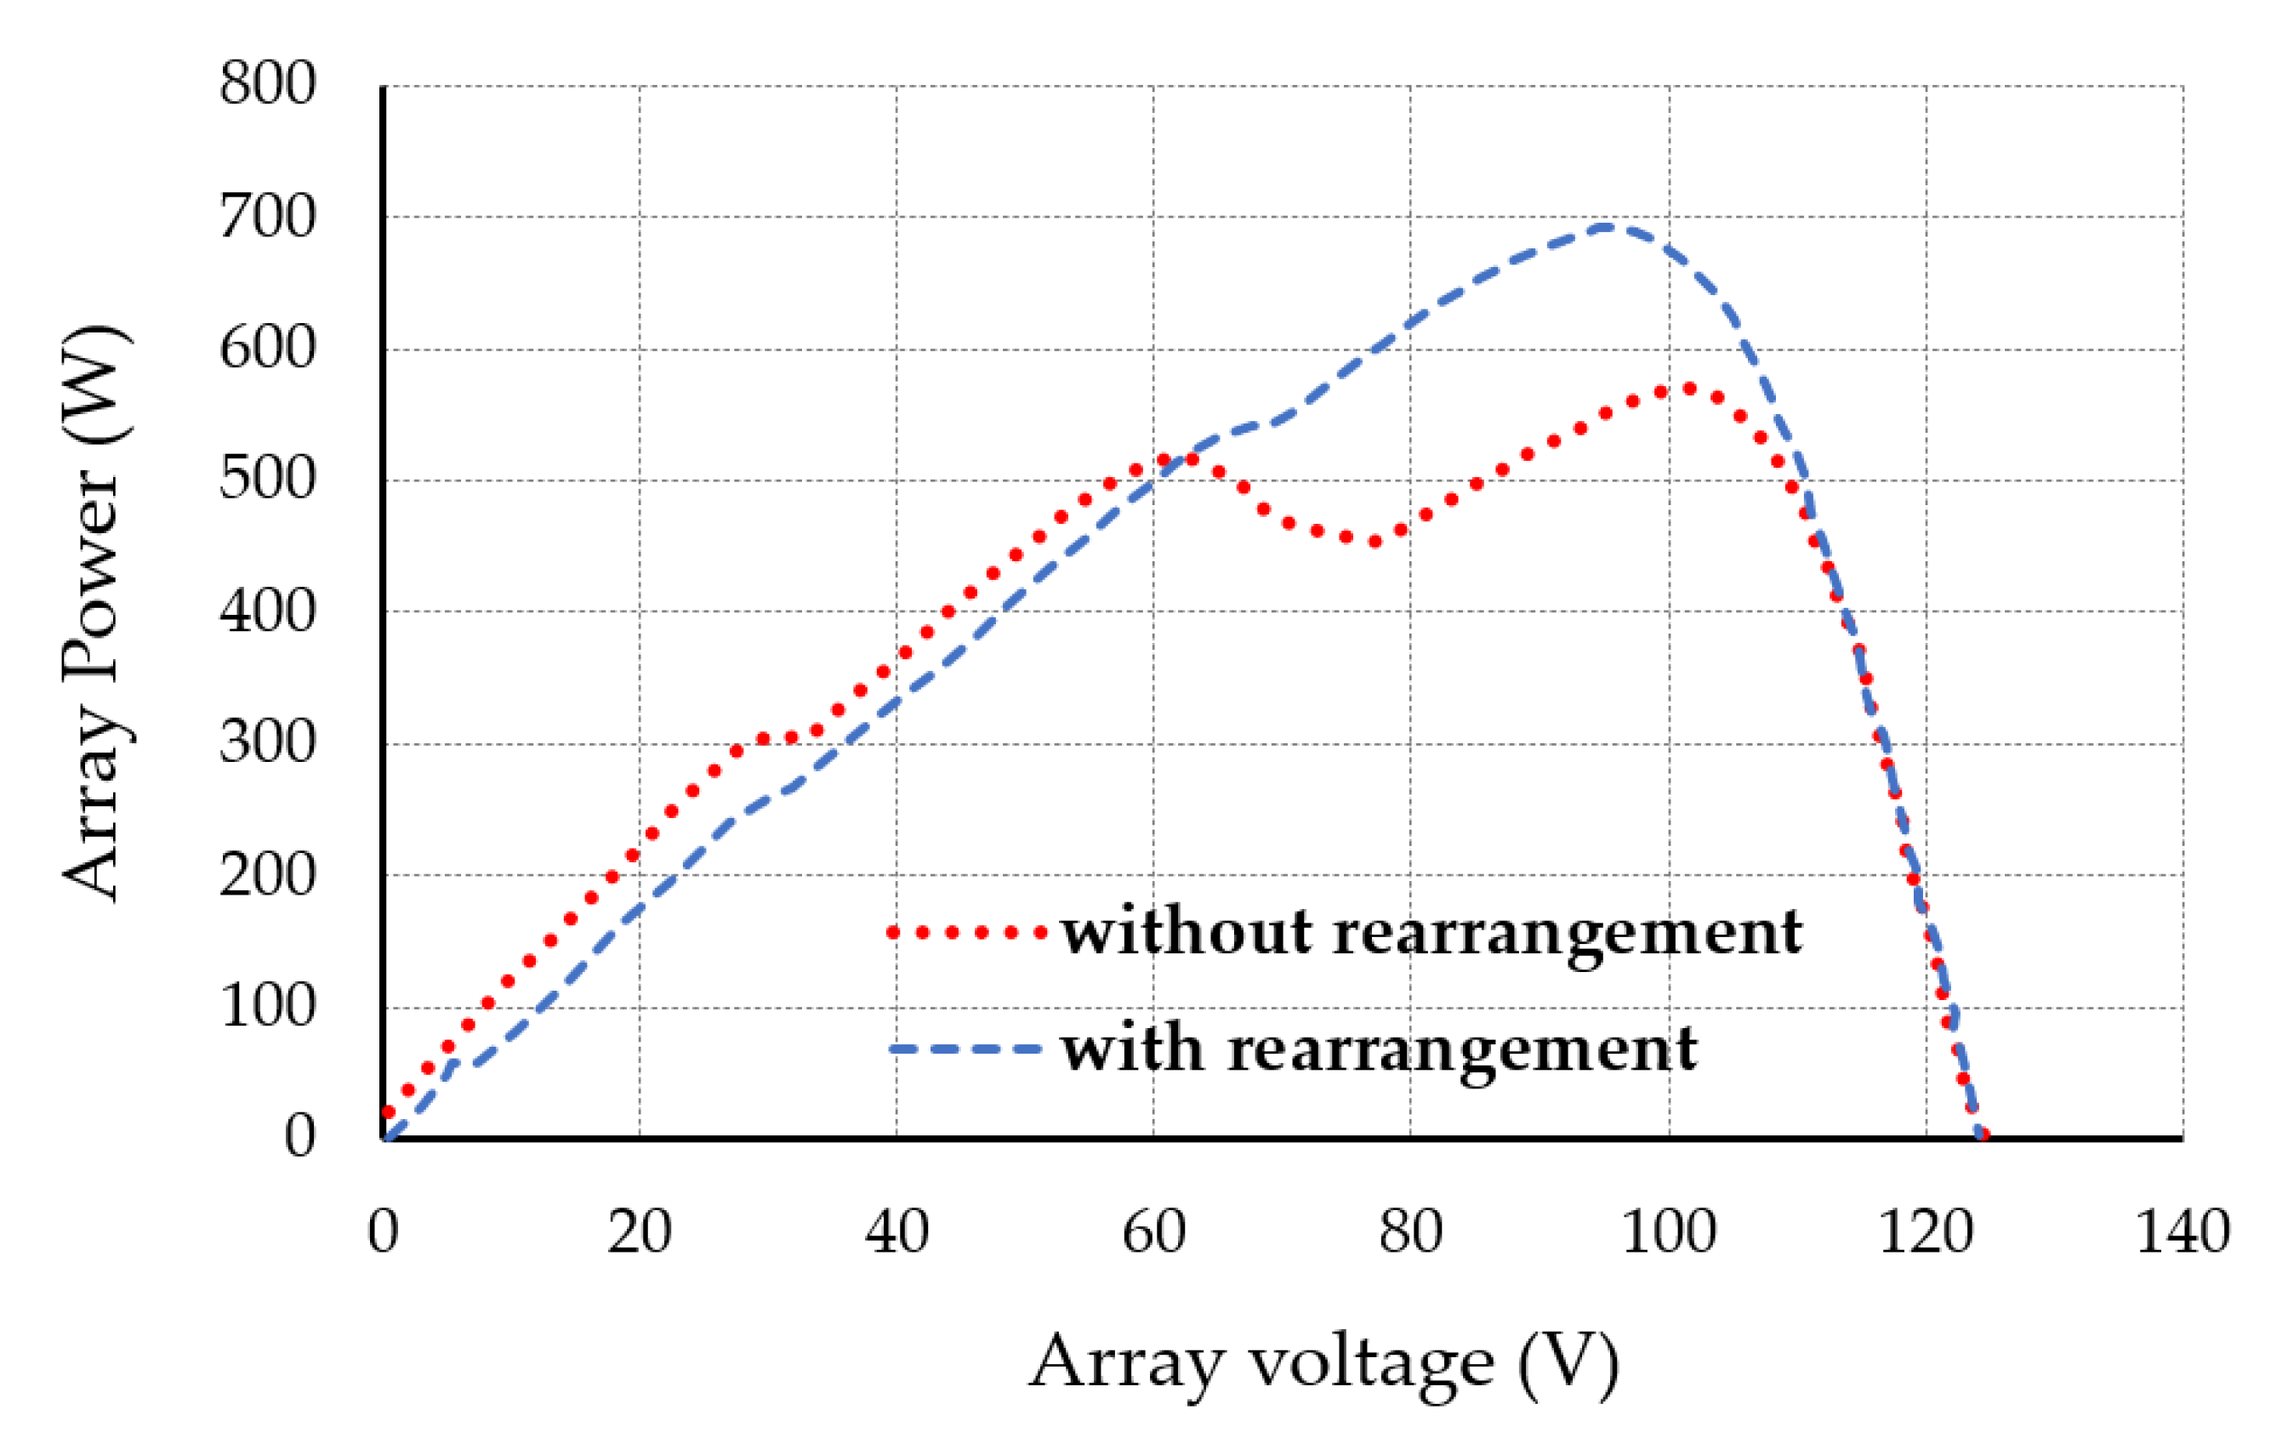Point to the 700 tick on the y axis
point(267,217)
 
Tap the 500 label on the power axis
point(267,480)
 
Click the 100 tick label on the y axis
point(267,1006)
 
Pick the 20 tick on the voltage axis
point(639,1232)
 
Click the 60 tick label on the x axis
point(1153,1232)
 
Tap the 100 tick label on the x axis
point(1669,1232)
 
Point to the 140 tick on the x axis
point(2183,1232)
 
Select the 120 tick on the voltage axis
point(1926,1232)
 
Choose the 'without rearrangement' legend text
point(1431,933)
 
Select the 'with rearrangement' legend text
point(1379,1049)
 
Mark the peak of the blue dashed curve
point(1606,226)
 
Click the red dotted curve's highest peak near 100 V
point(1688,389)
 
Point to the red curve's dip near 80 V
point(1374,542)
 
